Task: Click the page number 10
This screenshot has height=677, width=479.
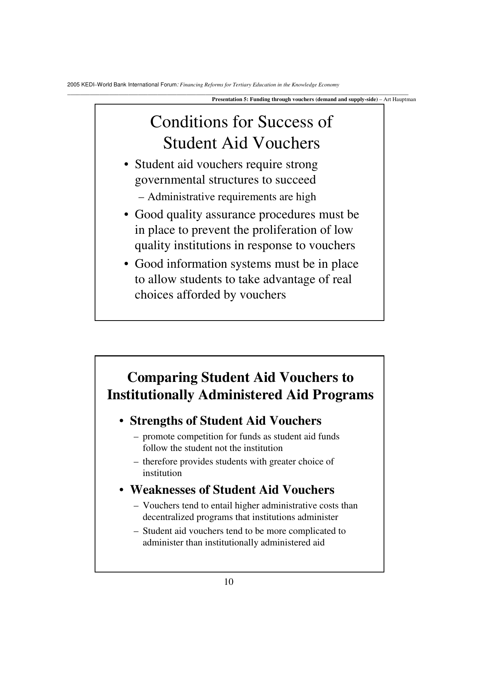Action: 229,582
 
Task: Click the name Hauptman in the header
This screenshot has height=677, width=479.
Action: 404,100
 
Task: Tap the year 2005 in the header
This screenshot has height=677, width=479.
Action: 72,85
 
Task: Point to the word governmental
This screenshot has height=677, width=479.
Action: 170,180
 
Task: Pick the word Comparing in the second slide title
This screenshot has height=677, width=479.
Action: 162,377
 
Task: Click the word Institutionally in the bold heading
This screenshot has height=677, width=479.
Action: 150,395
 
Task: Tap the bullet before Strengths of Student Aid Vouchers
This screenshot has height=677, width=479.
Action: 121,421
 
